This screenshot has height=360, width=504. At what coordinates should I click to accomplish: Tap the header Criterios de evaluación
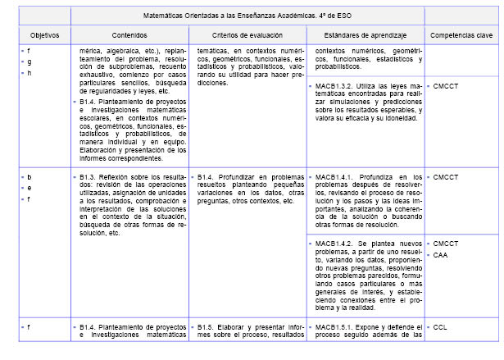[x=246, y=36]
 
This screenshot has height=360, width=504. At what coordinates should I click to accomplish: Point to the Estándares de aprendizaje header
[x=365, y=36]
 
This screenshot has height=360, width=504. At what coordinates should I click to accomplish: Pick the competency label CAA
[x=441, y=255]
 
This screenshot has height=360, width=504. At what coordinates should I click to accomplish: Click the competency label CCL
[x=441, y=326]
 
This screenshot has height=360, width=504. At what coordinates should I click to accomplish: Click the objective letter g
[x=30, y=62]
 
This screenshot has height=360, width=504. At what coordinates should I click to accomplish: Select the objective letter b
[x=30, y=176]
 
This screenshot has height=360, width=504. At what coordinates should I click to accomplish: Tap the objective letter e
[x=30, y=188]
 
